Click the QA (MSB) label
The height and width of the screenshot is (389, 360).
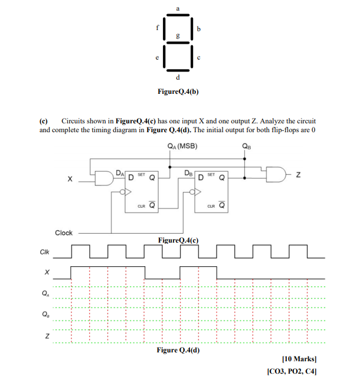click(x=182, y=146)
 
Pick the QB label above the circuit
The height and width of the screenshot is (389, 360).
click(x=246, y=148)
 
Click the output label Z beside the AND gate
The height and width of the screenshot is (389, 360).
click(x=299, y=174)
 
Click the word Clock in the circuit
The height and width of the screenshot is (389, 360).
click(x=64, y=233)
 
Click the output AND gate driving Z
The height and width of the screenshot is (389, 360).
click(x=275, y=174)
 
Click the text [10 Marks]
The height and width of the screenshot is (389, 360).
click(x=300, y=359)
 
